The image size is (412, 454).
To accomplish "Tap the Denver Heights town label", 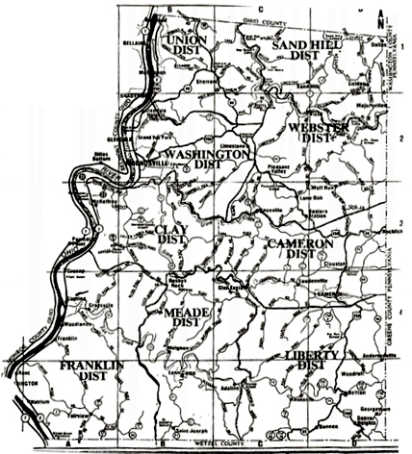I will pyautogui.click(x=361, y=422).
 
